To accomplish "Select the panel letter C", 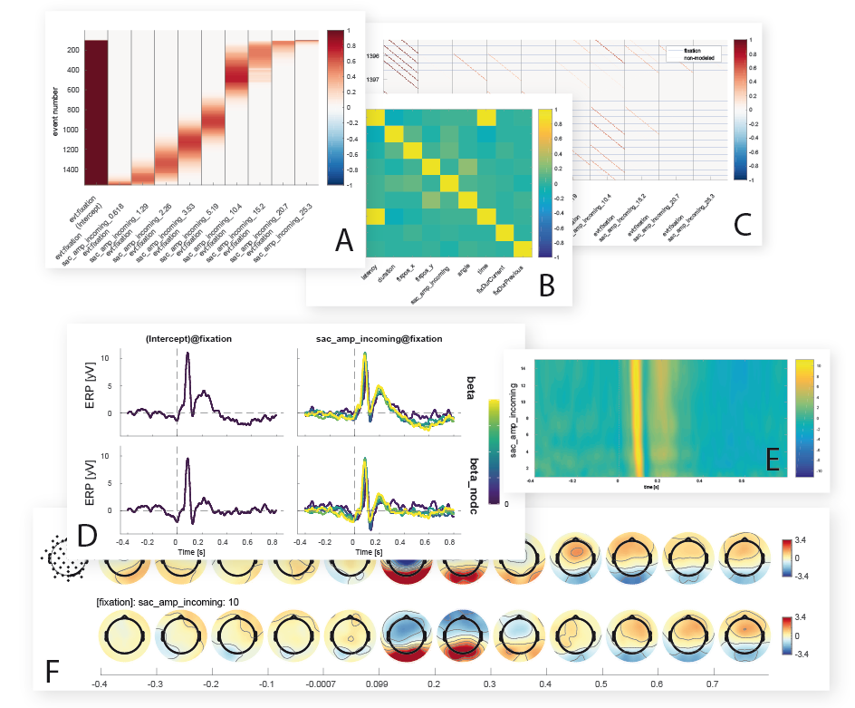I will click(743, 221).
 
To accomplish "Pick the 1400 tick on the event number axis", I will click(70, 168).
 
